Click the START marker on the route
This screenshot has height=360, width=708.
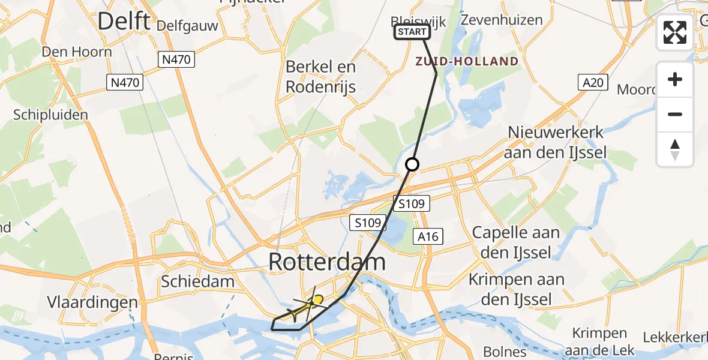pos(412,32)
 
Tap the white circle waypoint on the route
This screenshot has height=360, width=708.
pos(412,164)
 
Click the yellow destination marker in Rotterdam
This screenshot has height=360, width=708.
pos(316,299)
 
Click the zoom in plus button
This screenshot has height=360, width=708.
pos(675,79)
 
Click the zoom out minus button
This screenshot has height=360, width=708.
pos(675,114)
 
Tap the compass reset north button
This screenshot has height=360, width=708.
pos(675,149)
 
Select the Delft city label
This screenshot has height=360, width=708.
pos(124,22)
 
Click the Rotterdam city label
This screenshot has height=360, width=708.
pos(326,262)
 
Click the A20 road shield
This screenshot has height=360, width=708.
pos(595,83)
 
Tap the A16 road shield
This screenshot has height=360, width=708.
pos(428,237)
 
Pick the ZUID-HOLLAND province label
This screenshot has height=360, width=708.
pos(467,61)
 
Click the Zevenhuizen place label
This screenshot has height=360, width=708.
pos(502,20)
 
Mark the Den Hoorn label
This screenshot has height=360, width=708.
pos(77,52)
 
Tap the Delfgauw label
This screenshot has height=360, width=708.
pos(186,26)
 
